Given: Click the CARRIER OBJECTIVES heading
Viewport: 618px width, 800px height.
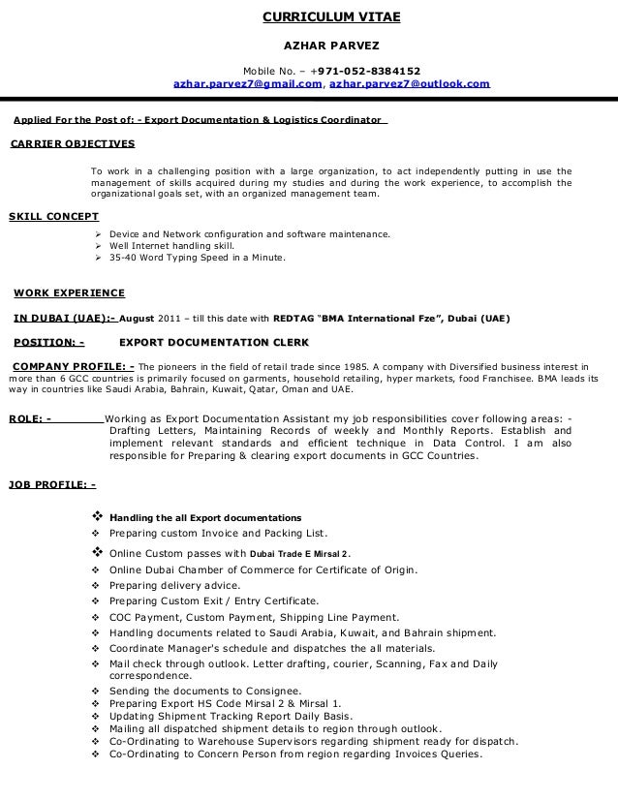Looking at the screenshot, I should pyautogui.click(x=72, y=144).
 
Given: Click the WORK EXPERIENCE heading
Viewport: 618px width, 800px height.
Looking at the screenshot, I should pyautogui.click(x=69, y=292).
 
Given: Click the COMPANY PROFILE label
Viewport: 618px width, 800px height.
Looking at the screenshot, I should pyautogui.click(x=73, y=367).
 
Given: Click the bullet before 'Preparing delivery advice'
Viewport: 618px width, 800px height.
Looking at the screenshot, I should pyautogui.click(x=95, y=586).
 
